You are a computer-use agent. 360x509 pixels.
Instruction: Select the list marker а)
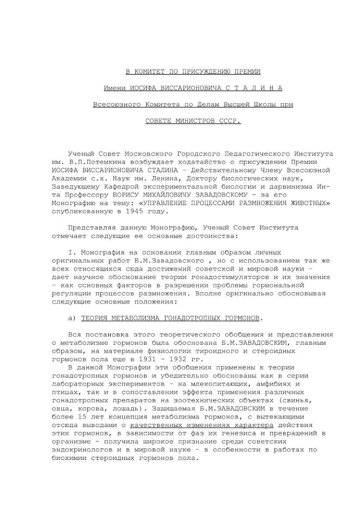pos(73,317)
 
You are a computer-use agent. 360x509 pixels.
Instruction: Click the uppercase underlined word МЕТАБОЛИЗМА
pos(132,317)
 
